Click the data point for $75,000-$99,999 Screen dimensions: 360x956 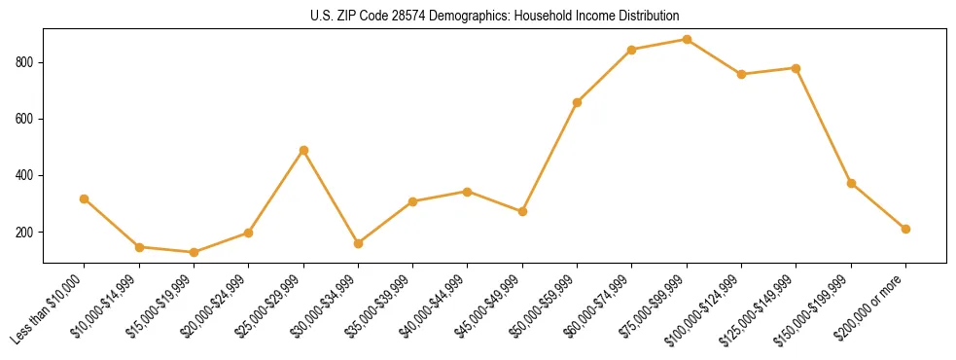click(687, 40)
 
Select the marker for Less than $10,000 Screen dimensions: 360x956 click(85, 198)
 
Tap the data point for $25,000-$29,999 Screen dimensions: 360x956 click(303, 150)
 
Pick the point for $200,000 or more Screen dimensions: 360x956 click(905, 229)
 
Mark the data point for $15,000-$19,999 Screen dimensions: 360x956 click(194, 252)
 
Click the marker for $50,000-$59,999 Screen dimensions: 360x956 click(577, 102)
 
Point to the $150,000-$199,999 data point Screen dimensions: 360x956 click(851, 183)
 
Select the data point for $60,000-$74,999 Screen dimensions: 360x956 click(632, 50)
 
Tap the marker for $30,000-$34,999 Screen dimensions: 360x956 click(358, 243)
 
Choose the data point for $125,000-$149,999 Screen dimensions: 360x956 click(797, 68)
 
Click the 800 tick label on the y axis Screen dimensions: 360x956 click(25, 62)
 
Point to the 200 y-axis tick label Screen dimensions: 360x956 click(25, 233)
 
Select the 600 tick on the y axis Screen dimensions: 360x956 click(25, 119)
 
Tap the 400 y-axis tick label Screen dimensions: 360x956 click(25, 176)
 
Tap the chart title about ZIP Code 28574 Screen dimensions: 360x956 click(494, 17)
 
